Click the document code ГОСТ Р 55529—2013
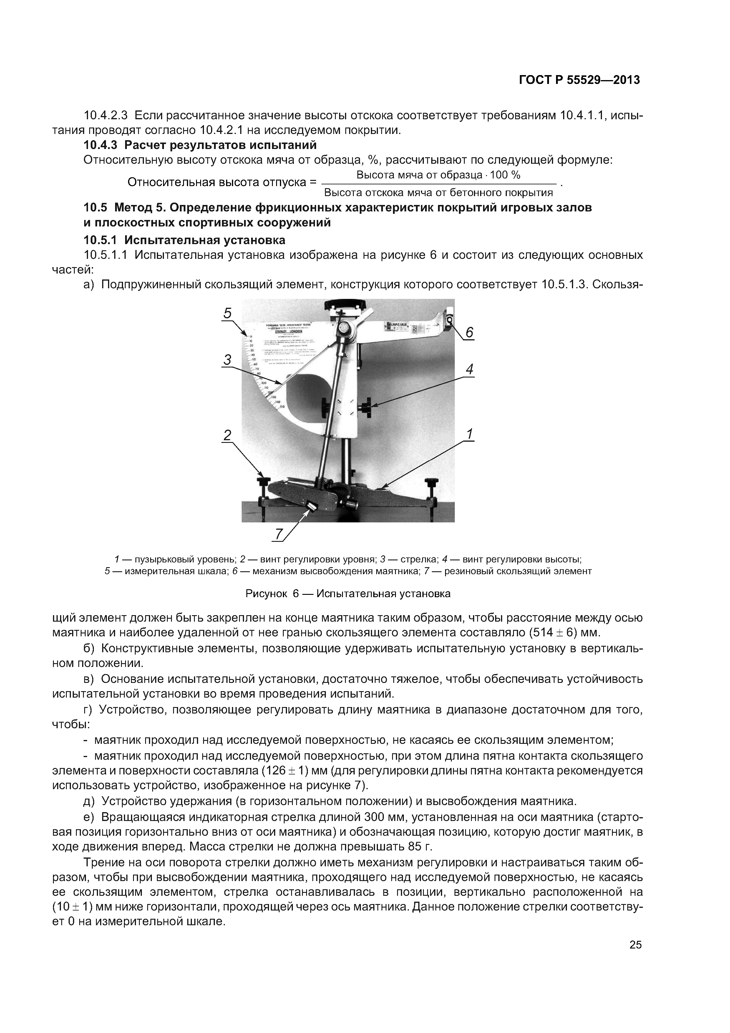579,80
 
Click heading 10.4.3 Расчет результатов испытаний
200,145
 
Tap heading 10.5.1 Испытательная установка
184,239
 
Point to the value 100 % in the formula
505,175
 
